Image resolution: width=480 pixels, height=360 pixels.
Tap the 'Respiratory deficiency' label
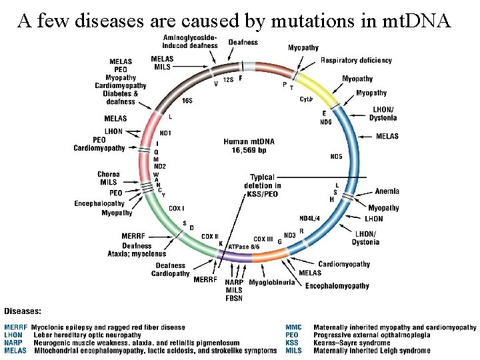click(x=356, y=61)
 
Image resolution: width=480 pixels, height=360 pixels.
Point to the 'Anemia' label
click(x=387, y=191)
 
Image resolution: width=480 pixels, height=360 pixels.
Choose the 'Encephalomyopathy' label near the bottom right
click(x=337, y=286)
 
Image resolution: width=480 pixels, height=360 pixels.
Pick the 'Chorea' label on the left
click(x=108, y=175)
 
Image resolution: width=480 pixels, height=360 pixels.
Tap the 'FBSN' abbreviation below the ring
click(x=234, y=298)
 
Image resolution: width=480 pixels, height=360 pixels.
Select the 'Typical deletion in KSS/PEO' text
click(x=262, y=185)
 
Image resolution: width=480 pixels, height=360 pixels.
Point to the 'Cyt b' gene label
click(x=305, y=99)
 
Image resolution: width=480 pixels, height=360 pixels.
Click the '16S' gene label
click(x=187, y=101)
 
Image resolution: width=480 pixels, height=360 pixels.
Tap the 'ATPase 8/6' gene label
click(x=244, y=247)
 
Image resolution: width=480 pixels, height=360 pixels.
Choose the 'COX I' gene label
click(x=176, y=209)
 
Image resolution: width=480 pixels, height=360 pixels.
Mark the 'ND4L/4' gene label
click(x=309, y=218)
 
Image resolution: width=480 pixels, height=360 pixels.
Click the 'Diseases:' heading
click(x=23, y=311)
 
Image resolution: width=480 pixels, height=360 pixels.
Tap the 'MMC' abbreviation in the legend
click(x=293, y=327)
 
